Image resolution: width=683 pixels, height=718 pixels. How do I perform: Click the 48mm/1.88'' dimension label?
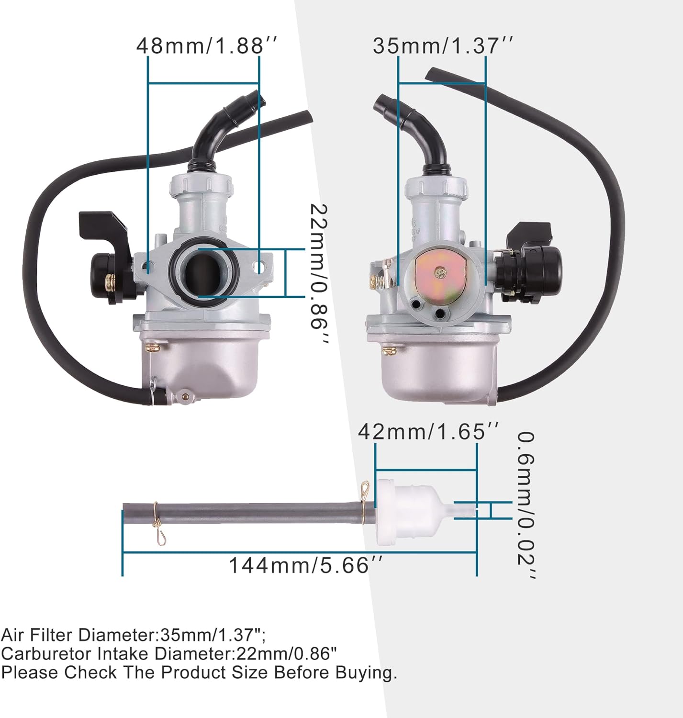point(207,45)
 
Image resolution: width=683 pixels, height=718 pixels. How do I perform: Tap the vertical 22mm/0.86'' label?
point(318,273)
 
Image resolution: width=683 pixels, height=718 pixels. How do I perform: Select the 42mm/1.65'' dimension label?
point(428,431)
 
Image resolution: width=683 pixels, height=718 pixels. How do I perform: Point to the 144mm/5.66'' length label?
point(306,565)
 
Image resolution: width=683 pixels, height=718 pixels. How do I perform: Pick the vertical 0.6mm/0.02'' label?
point(526,505)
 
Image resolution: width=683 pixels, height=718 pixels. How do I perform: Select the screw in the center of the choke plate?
point(440,272)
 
